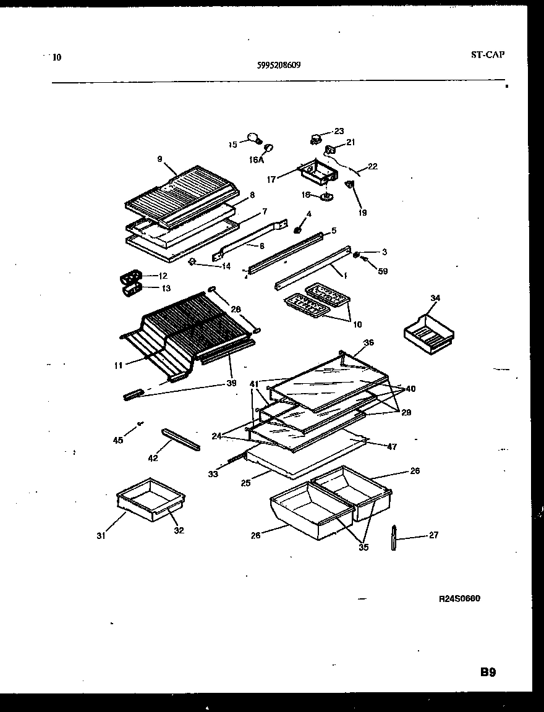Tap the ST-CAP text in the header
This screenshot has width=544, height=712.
487,54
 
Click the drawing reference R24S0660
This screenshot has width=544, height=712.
459,598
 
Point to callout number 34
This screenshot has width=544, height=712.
435,299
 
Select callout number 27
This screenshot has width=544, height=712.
433,535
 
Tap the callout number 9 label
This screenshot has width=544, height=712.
159,159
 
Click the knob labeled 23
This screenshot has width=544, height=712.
318,137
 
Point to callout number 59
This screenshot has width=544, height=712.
383,271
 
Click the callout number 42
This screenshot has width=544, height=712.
153,458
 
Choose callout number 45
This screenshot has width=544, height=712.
118,440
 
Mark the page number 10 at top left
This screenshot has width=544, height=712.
57,57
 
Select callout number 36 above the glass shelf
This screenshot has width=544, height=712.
368,342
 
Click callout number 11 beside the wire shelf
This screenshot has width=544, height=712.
118,365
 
